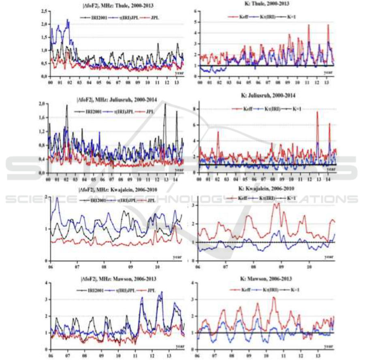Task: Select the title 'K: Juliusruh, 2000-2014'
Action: point(267,96)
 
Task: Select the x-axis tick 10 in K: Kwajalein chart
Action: point(309,267)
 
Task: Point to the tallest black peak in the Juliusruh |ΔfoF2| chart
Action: point(165,104)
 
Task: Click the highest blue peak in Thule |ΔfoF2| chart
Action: point(67,19)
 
